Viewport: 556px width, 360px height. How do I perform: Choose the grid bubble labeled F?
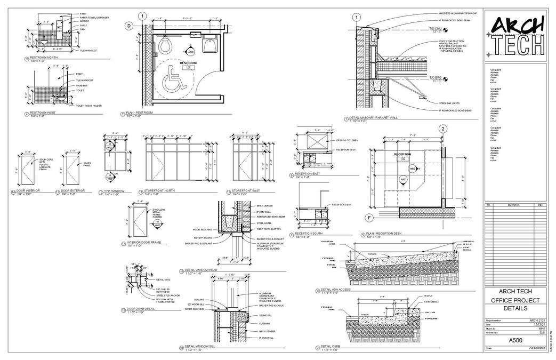point(368,218)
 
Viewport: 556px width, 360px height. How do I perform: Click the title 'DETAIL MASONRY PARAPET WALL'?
point(373,118)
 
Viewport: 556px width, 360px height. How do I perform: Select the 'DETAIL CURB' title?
point(329,347)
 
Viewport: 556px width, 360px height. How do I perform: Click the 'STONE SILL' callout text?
point(265,315)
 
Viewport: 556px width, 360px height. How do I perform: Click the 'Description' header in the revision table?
point(513,205)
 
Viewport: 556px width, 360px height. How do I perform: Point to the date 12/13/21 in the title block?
point(538,324)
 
